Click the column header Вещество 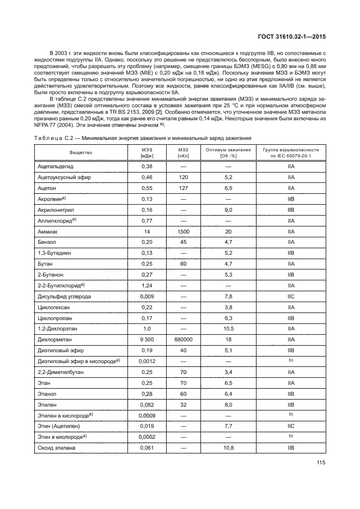click(x=81, y=152)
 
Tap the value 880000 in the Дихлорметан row click(x=182, y=339)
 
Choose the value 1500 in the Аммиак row click(x=182, y=231)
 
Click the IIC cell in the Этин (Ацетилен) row click(x=291, y=426)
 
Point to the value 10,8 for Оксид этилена click(x=229, y=447)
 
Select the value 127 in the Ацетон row click(x=182, y=188)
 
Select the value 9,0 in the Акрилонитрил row click(x=229, y=210)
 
